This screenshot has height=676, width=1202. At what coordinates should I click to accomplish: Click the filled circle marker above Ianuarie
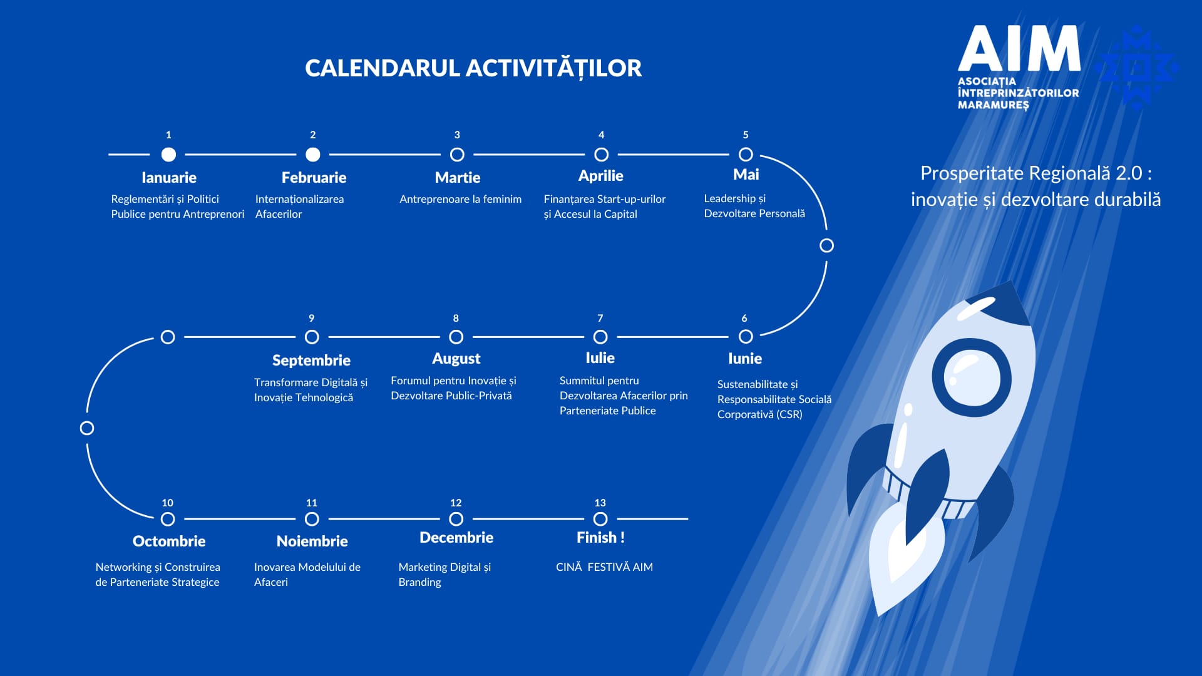coord(168,154)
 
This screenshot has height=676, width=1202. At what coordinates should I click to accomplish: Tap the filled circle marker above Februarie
coord(313,154)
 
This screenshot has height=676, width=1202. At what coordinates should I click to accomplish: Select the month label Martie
coord(458,177)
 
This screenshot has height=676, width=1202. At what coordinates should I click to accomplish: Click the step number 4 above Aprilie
coord(602,135)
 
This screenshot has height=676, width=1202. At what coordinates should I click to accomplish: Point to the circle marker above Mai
coord(746,154)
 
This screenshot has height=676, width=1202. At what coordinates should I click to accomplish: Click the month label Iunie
coord(745,358)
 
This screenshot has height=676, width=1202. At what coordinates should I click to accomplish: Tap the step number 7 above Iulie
coord(600,318)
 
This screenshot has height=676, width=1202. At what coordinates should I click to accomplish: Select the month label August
coord(456,359)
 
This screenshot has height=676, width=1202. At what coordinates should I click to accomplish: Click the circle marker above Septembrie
coord(312,337)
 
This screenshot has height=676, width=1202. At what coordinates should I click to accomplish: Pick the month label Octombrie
coord(169,541)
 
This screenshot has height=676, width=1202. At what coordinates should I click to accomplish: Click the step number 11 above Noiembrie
coord(312,503)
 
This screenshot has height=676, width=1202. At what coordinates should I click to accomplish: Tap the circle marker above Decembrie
coord(456,519)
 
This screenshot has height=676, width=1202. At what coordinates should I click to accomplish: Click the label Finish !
coord(600,537)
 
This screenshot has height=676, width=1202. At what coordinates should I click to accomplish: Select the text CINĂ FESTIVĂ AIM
coord(604,566)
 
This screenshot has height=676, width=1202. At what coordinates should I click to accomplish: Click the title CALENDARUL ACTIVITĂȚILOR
coord(473,68)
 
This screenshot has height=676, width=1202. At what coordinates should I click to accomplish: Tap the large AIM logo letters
coord(1019,48)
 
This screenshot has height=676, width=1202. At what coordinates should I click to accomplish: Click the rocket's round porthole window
coord(972,377)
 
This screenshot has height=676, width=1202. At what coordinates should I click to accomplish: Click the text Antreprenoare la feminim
coord(460,199)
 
